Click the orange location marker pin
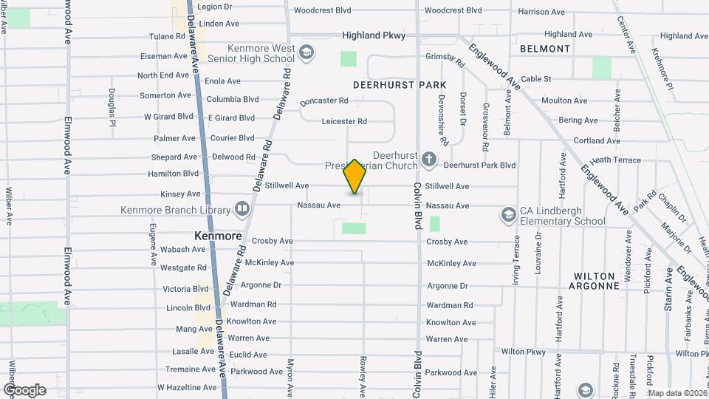354,177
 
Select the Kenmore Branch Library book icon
242,209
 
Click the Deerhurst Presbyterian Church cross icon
428,159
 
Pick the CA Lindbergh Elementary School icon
508,214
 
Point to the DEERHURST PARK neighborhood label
400,85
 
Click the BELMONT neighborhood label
545,49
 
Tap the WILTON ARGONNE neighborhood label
596,281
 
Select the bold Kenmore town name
218,236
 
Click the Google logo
24,390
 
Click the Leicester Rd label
344,121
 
